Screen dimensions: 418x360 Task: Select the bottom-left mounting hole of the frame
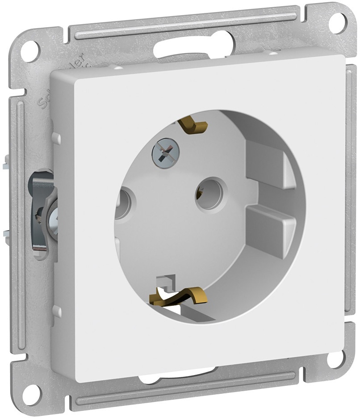tap(32, 393)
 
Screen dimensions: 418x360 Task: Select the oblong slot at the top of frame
tap(192, 49)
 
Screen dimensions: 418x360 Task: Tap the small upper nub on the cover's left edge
tap(57, 137)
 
